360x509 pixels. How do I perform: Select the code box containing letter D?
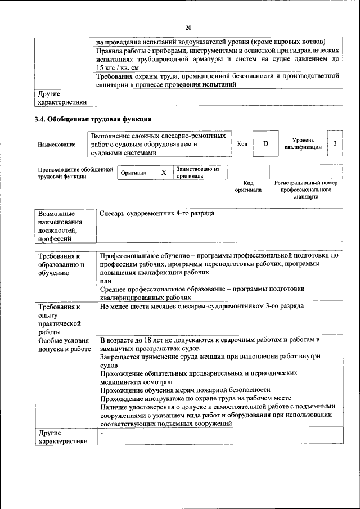(265, 144)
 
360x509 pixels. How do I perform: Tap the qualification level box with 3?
(335, 144)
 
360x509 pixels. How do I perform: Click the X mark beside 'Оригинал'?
(164, 173)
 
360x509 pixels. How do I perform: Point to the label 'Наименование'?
(57, 145)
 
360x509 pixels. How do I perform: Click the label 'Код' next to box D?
(242, 144)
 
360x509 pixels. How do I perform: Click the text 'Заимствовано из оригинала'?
(197, 172)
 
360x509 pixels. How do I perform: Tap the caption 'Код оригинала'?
(248, 186)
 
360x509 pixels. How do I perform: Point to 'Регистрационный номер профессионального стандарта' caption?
(305, 190)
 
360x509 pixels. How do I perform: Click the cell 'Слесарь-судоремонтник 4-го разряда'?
(157, 214)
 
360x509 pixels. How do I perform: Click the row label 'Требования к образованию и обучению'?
(61, 264)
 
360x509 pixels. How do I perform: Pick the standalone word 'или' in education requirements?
(105, 280)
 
